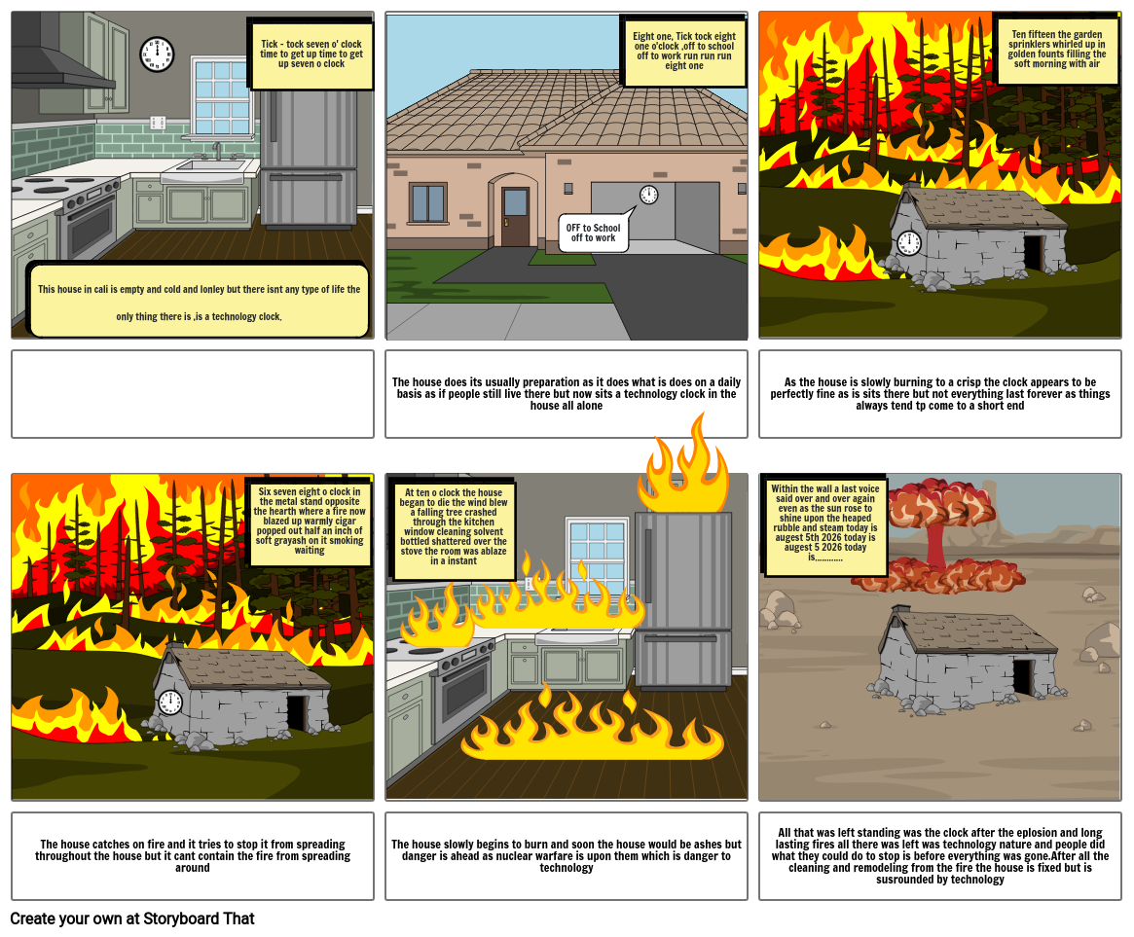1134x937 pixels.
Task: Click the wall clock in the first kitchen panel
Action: coord(157,54)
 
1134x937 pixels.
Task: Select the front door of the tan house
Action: coord(515,217)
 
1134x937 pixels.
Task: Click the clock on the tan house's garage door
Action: coord(648,195)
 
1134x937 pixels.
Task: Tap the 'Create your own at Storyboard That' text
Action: coord(132,919)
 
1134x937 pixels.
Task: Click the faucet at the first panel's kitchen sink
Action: coord(216,151)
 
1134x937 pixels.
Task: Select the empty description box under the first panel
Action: coord(193,394)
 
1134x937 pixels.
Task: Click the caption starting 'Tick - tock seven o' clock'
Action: coord(311,54)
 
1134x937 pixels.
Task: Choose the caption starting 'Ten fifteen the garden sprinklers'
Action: coord(1057,50)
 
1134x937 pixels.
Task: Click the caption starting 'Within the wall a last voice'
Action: coord(825,523)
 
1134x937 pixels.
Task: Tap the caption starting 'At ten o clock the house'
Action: coord(454,526)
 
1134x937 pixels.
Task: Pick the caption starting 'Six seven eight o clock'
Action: coord(310,522)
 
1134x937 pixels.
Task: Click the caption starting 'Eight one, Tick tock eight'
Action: coord(684,51)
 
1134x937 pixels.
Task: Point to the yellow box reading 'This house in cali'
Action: coord(199,302)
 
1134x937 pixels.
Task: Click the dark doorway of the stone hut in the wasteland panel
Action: coord(1022,677)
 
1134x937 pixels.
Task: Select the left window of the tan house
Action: coord(427,203)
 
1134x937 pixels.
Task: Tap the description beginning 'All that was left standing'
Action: coord(940,856)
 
